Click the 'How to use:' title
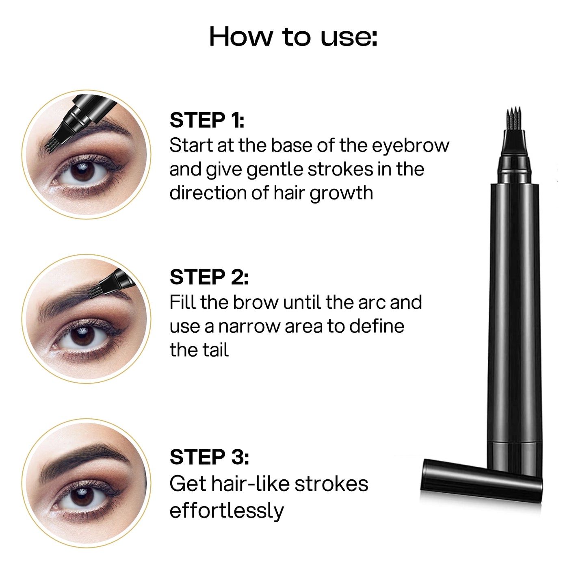click(293, 37)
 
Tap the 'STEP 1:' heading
click(207, 120)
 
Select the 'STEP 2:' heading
click(209, 277)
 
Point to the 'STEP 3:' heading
click(209, 457)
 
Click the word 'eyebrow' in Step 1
click(411, 146)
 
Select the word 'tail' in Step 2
click(216, 350)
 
